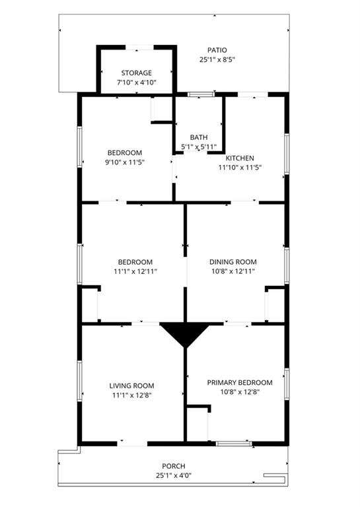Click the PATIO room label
click(217, 50)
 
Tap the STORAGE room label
click(137, 73)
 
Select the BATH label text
click(199, 137)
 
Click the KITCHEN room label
click(240, 158)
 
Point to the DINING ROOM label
click(233, 262)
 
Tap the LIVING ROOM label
click(131, 386)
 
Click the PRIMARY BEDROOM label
click(240, 383)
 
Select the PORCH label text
click(174, 466)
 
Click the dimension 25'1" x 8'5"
click(217, 60)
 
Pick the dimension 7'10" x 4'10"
click(137, 83)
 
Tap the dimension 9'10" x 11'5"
click(125, 162)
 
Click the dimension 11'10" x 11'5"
click(240, 168)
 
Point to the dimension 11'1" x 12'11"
click(135, 271)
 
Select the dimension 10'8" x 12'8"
click(240, 392)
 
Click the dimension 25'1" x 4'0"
click(174, 475)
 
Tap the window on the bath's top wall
click(201, 94)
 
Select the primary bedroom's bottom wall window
click(234, 444)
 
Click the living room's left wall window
click(79, 381)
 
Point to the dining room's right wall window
click(287, 266)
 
